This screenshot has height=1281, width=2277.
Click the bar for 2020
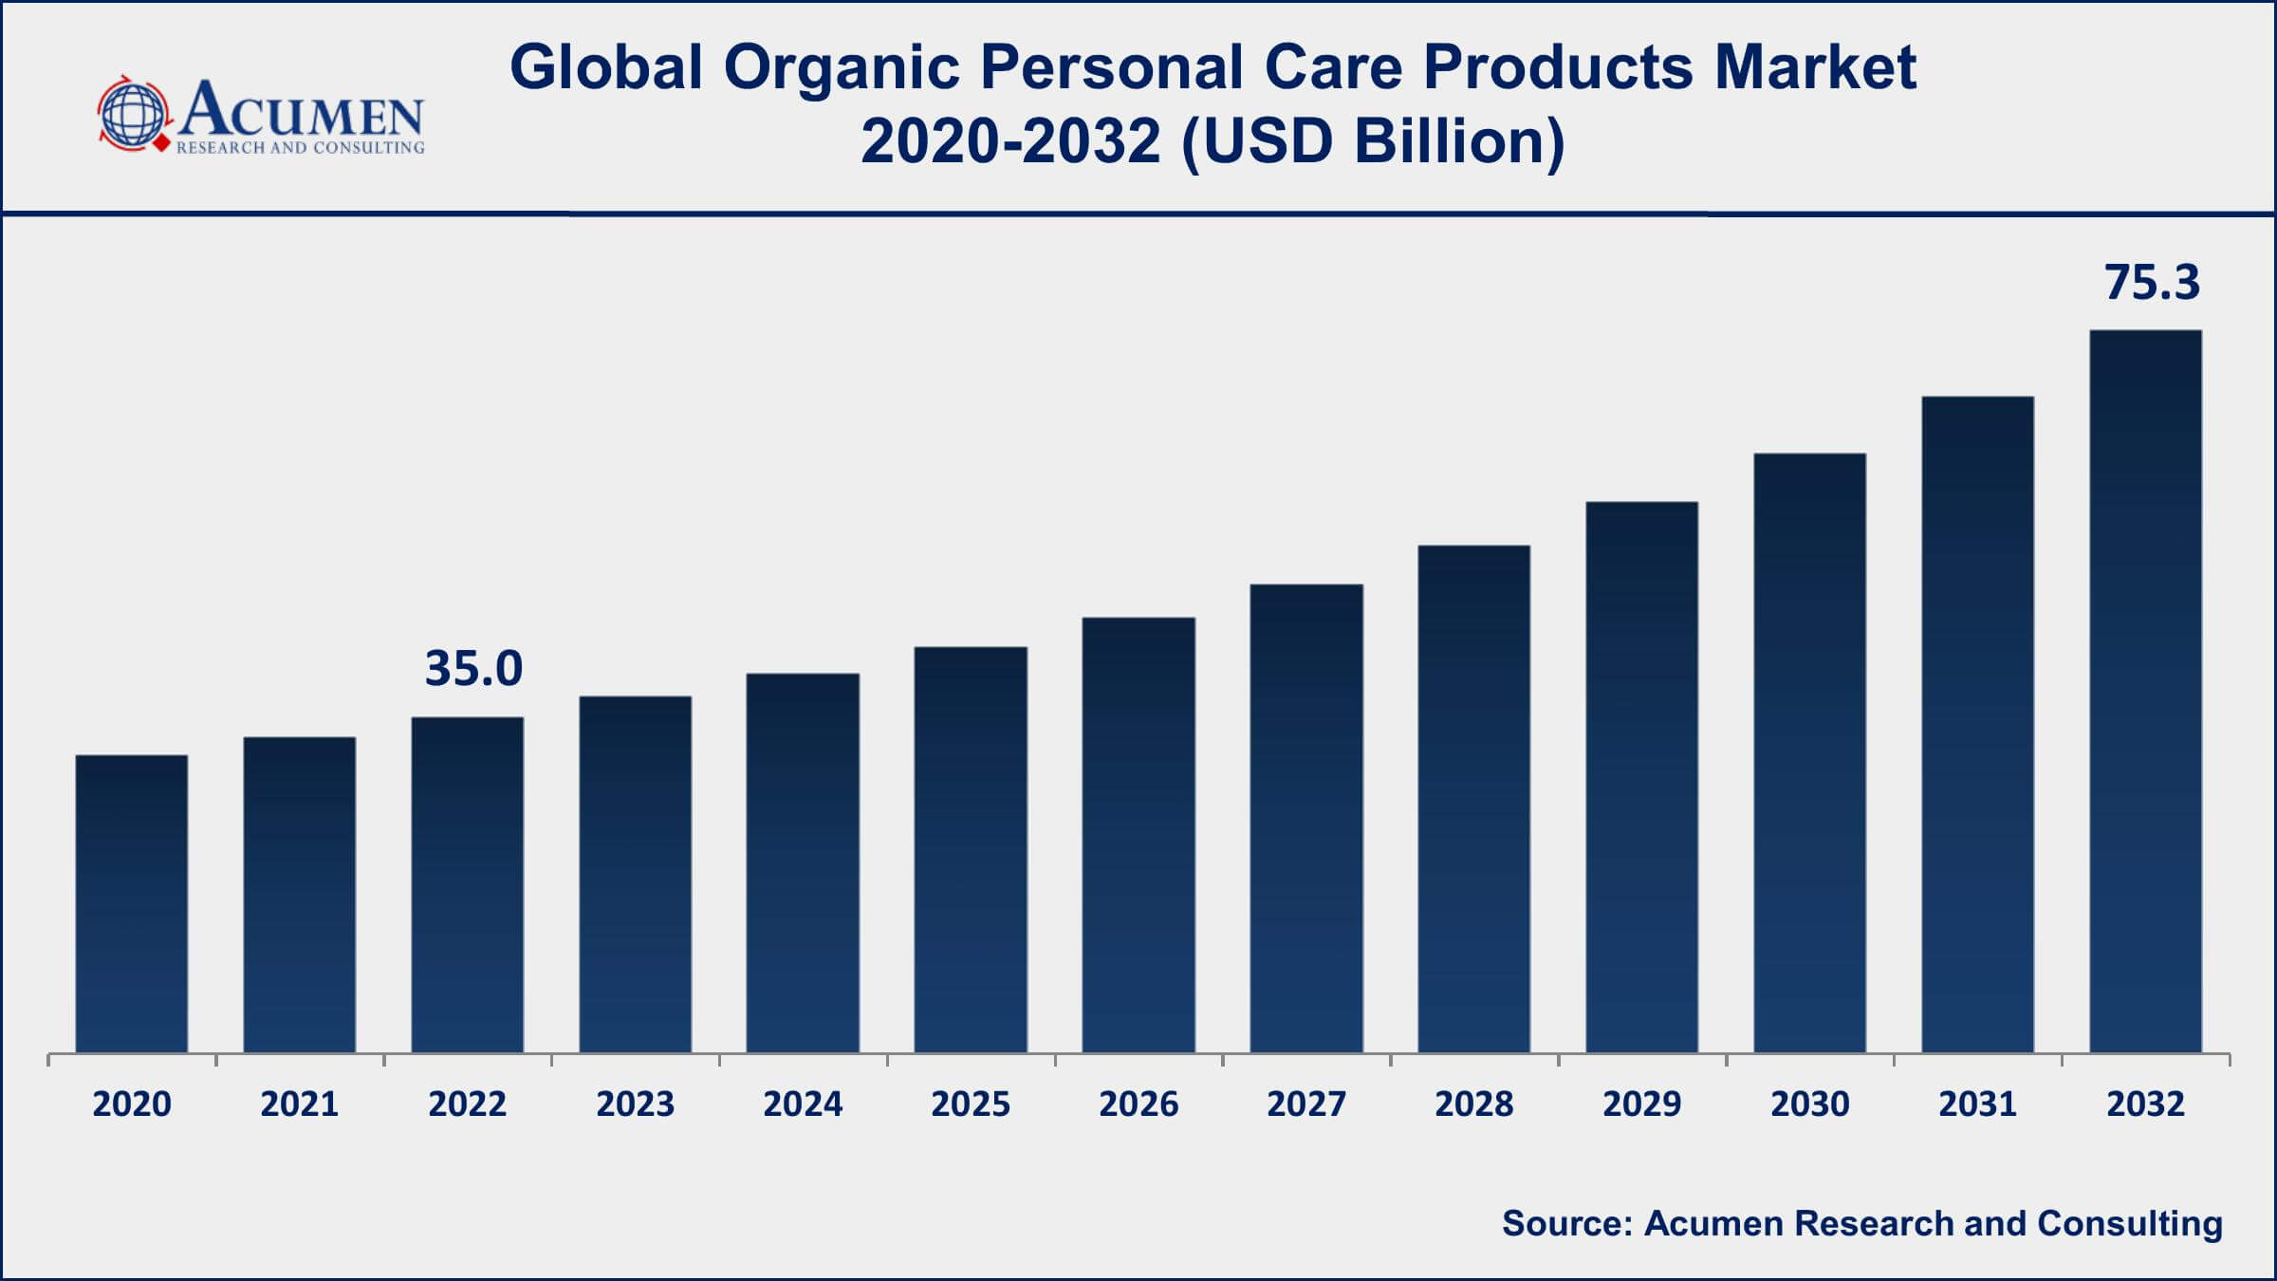132,903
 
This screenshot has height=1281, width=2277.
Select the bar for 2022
467,884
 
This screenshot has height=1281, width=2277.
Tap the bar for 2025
971,849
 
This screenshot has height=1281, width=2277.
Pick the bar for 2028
1473,798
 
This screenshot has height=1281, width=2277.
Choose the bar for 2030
1809,752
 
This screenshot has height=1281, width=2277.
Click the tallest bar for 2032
2145,691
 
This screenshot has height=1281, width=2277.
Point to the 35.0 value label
473,669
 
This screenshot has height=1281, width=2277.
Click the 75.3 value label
2152,283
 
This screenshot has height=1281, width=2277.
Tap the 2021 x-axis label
300,1105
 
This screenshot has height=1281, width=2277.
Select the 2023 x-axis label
635,1105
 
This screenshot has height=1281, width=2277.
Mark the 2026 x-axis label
1138,1105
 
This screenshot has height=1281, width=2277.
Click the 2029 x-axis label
1641,1105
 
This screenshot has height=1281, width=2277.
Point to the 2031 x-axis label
1977,1105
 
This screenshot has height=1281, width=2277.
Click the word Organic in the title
842,68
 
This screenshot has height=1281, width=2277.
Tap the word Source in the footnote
1565,1223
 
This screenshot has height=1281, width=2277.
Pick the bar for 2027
1306,818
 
